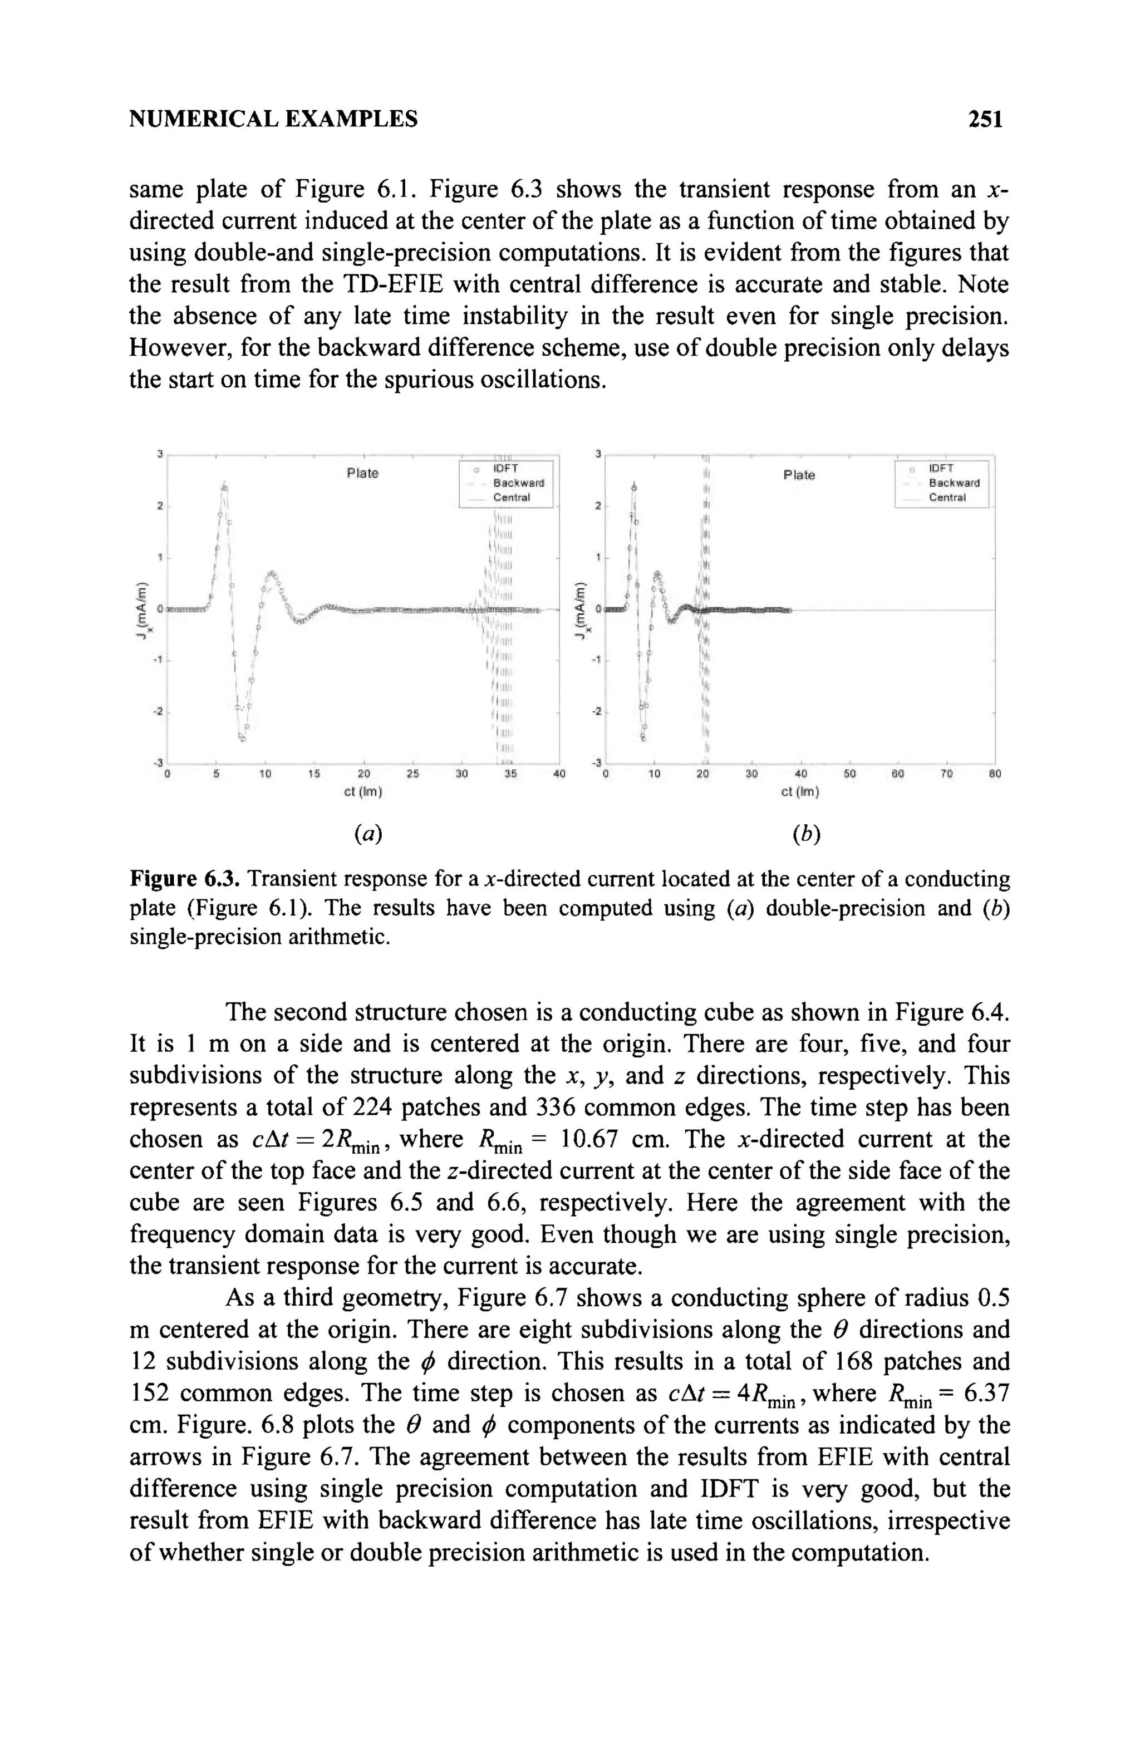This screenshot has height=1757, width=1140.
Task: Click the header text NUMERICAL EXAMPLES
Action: (x=273, y=119)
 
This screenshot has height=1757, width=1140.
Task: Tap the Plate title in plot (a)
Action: (x=362, y=473)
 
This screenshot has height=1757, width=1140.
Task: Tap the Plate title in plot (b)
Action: (x=799, y=475)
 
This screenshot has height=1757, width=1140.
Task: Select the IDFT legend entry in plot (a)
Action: (x=506, y=469)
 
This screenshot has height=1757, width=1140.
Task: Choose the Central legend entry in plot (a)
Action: (x=511, y=498)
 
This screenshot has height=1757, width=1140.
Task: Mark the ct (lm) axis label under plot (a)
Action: (x=362, y=792)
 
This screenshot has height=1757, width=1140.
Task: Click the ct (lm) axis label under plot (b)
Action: (x=800, y=792)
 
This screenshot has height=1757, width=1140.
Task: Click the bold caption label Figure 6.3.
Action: (x=185, y=879)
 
